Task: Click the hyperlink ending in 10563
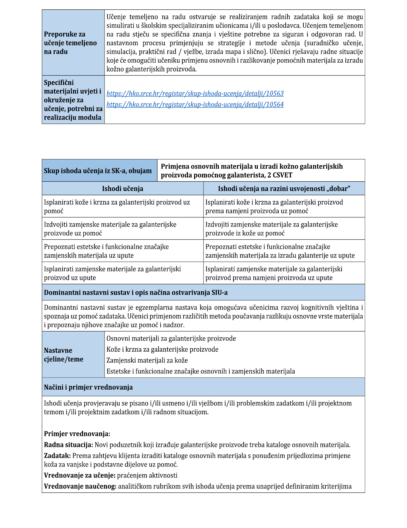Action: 195,94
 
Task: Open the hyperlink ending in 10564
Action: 195,105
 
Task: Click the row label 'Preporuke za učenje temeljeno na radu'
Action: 70,43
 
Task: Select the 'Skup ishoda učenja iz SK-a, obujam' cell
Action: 98,171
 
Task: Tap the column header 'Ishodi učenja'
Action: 122,189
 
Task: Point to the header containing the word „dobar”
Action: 284,189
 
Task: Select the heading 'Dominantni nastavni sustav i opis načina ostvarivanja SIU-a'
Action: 136,293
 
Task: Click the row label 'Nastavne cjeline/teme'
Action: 64,355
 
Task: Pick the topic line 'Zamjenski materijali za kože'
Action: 147,361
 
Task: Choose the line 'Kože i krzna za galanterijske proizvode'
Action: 162,350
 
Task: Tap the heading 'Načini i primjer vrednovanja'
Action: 88,387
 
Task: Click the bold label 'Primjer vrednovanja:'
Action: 77,434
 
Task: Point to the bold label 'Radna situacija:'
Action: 68,445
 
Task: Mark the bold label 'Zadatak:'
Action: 57,456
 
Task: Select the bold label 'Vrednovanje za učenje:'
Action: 80,475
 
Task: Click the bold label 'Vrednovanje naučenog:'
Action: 80,486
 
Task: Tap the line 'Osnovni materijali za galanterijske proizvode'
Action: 171,339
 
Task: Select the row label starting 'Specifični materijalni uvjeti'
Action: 73,100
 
